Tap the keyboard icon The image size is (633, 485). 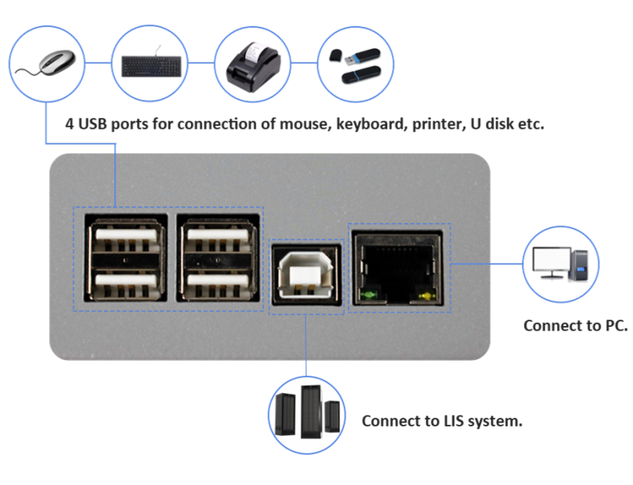tap(150, 66)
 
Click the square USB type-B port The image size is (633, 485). tap(306, 272)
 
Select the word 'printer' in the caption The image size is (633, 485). tap(435, 126)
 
